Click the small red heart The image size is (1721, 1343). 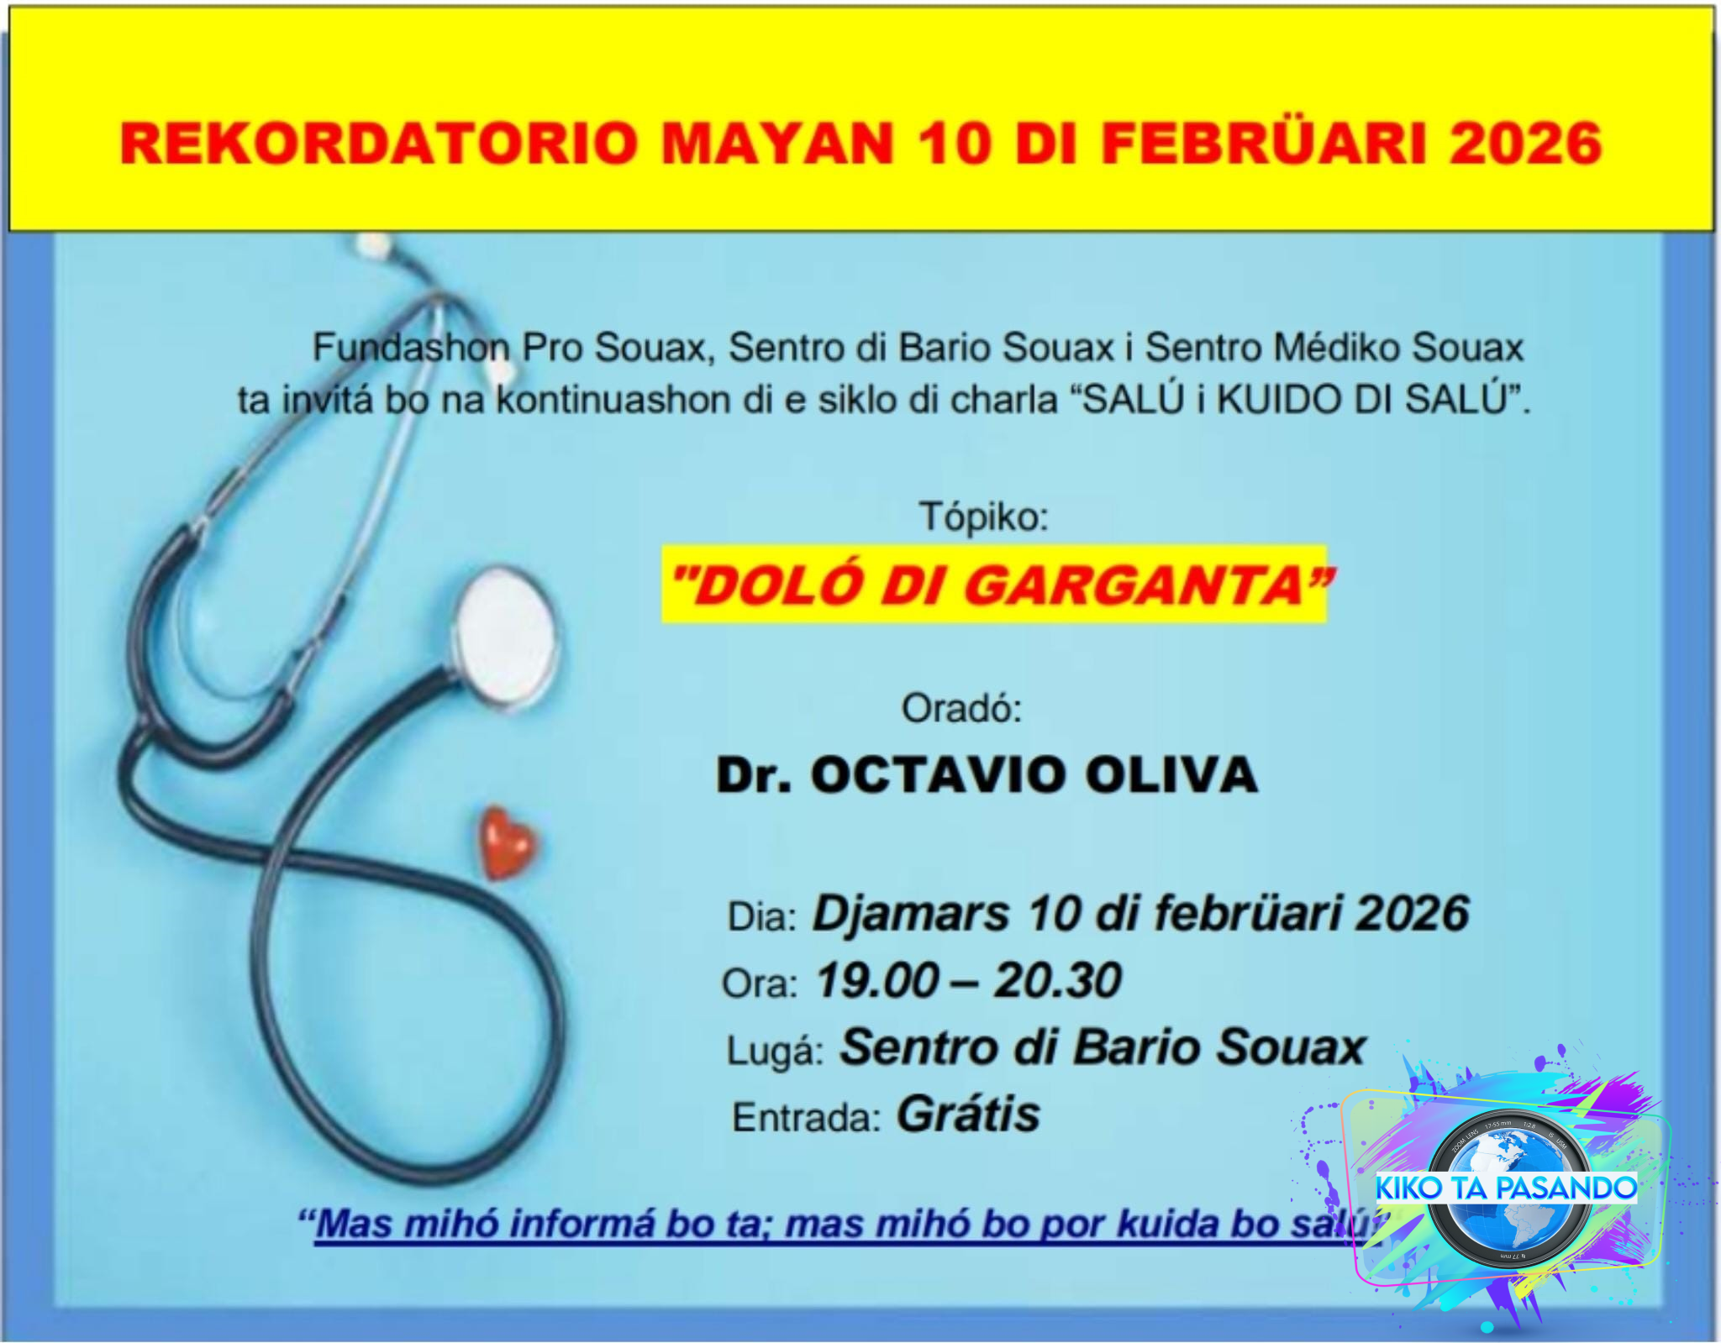pyautogui.click(x=508, y=842)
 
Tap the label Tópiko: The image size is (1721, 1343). pyautogui.click(x=984, y=517)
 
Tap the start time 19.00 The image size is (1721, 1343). pyautogui.click(x=878, y=981)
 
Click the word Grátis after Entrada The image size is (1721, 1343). pyautogui.click(x=969, y=1115)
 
